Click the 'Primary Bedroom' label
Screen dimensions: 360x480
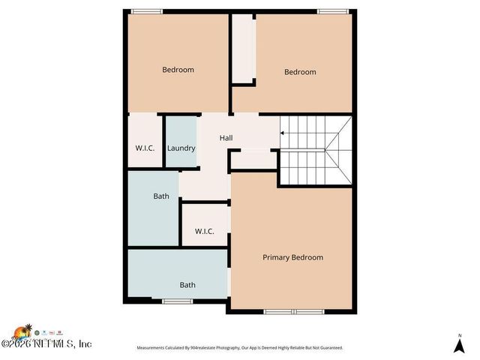pos(292,257)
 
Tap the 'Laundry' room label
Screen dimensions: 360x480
pos(181,148)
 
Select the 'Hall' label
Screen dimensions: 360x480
pos(226,138)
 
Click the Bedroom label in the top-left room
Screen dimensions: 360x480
pos(178,70)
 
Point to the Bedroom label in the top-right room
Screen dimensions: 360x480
pos(300,72)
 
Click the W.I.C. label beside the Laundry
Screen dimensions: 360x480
pos(145,148)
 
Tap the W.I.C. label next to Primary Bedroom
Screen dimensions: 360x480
pos(205,231)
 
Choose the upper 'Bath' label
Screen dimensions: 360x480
pos(161,196)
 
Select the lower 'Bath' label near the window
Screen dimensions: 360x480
pos(187,285)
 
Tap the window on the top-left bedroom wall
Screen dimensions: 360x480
pos(147,10)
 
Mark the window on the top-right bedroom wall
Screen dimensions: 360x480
pos(332,10)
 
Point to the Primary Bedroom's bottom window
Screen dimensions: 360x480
pos(292,311)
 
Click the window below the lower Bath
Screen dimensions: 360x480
pos(178,301)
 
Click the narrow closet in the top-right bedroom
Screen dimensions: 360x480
pos(243,49)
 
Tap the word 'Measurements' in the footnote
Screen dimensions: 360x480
pos(151,348)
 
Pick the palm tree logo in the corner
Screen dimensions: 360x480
pos(27,331)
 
